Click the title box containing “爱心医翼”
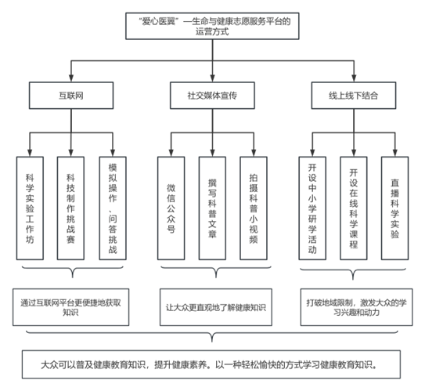click(212, 26)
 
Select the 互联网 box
click(71, 96)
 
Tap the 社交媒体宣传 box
click(212, 96)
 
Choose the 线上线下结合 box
click(354, 96)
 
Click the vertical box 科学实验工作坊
click(30, 208)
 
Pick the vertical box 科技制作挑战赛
click(70, 208)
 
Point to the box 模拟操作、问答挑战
click(113, 208)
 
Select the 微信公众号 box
click(171, 208)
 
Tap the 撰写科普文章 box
click(212, 208)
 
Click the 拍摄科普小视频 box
click(254, 208)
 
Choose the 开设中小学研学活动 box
click(312, 208)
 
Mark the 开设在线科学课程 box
click(354, 208)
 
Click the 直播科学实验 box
click(395, 208)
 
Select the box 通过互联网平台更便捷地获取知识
click(70, 307)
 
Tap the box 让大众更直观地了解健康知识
click(216, 307)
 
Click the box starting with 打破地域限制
click(356, 307)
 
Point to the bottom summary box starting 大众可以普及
click(211, 364)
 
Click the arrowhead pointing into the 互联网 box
click(71, 78)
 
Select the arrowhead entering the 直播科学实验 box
click(395, 153)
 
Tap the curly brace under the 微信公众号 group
click(216, 270)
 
